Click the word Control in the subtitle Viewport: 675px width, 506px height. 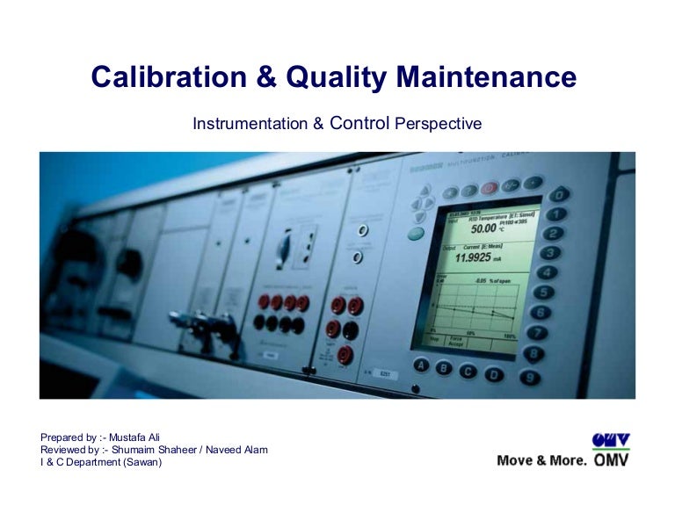359,124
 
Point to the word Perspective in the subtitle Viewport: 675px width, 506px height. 439,125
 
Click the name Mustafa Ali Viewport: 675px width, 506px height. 140,437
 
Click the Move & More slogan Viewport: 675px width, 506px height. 541,460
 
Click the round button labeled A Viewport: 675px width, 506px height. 422,365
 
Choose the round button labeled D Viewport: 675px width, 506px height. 496,374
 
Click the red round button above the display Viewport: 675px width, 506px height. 490,188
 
